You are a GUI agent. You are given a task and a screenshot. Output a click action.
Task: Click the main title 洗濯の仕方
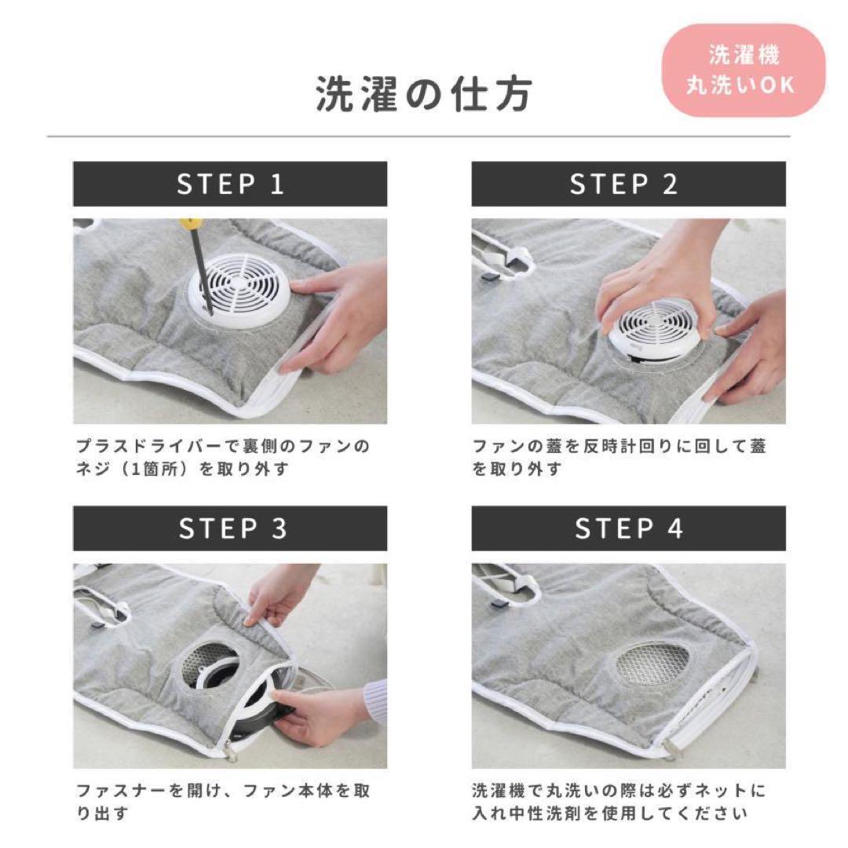tap(424, 94)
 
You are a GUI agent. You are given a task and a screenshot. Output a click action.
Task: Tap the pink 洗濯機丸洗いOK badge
tap(744, 71)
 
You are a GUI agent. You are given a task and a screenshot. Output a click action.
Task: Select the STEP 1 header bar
tap(230, 184)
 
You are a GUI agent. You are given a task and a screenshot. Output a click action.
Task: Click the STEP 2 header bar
tap(628, 184)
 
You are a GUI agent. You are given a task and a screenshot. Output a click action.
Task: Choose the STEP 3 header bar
tap(230, 528)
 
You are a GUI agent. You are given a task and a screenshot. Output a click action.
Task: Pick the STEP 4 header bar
tap(628, 528)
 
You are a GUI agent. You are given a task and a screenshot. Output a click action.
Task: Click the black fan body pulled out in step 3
tap(265, 714)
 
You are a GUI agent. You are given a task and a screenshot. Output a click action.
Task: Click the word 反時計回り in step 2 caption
tap(628, 447)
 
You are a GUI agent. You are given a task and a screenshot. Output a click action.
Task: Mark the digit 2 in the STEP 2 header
tap(670, 185)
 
